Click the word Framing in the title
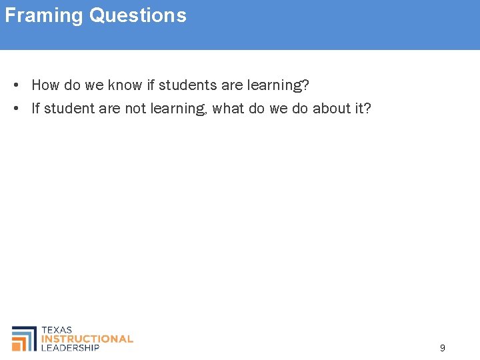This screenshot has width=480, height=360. [x=45, y=15]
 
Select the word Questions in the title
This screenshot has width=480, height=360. [x=138, y=15]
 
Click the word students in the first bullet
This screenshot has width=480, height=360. [x=185, y=85]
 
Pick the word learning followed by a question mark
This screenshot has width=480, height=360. [x=277, y=85]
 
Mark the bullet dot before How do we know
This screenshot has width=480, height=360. [x=15, y=85]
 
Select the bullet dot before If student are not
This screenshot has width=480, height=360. [x=15, y=108]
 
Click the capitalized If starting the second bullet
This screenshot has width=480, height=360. [x=35, y=108]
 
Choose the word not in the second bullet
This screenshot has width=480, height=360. [x=135, y=108]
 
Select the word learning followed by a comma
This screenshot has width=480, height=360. [x=181, y=109]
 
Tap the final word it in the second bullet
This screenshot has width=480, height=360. [x=357, y=108]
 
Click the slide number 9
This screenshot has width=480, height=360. [x=443, y=347]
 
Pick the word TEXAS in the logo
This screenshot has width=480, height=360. [x=57, y=330]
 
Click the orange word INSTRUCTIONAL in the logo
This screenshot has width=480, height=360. [x=87, y=339]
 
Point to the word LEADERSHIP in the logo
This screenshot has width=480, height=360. [x=70, y=347]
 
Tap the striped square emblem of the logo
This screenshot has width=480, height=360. [x=24, y=339]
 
